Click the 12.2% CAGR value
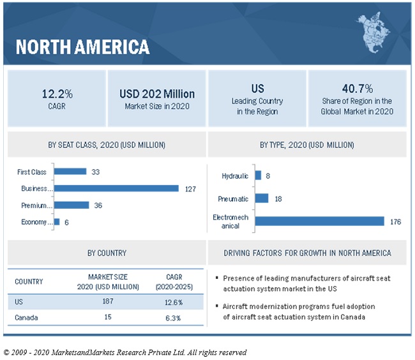(x=56, y=93)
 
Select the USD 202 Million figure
(x=157, y=93)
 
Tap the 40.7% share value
(x=357, y=88)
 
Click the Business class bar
(x=116, y=188)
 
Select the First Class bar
(x=70, y=171)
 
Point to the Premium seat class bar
(x=72, y=205)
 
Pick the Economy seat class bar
(x=57, y=221)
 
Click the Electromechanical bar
(x=319, y=221)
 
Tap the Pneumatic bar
(x=262, y=199)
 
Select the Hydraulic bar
(x=258, y=176)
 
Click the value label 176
(x=395, y=221)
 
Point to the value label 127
(x=189, y=188)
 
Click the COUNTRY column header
(x=29, y=281)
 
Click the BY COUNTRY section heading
(x=107, y=253)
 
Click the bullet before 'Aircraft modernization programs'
(x=218, y=307)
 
